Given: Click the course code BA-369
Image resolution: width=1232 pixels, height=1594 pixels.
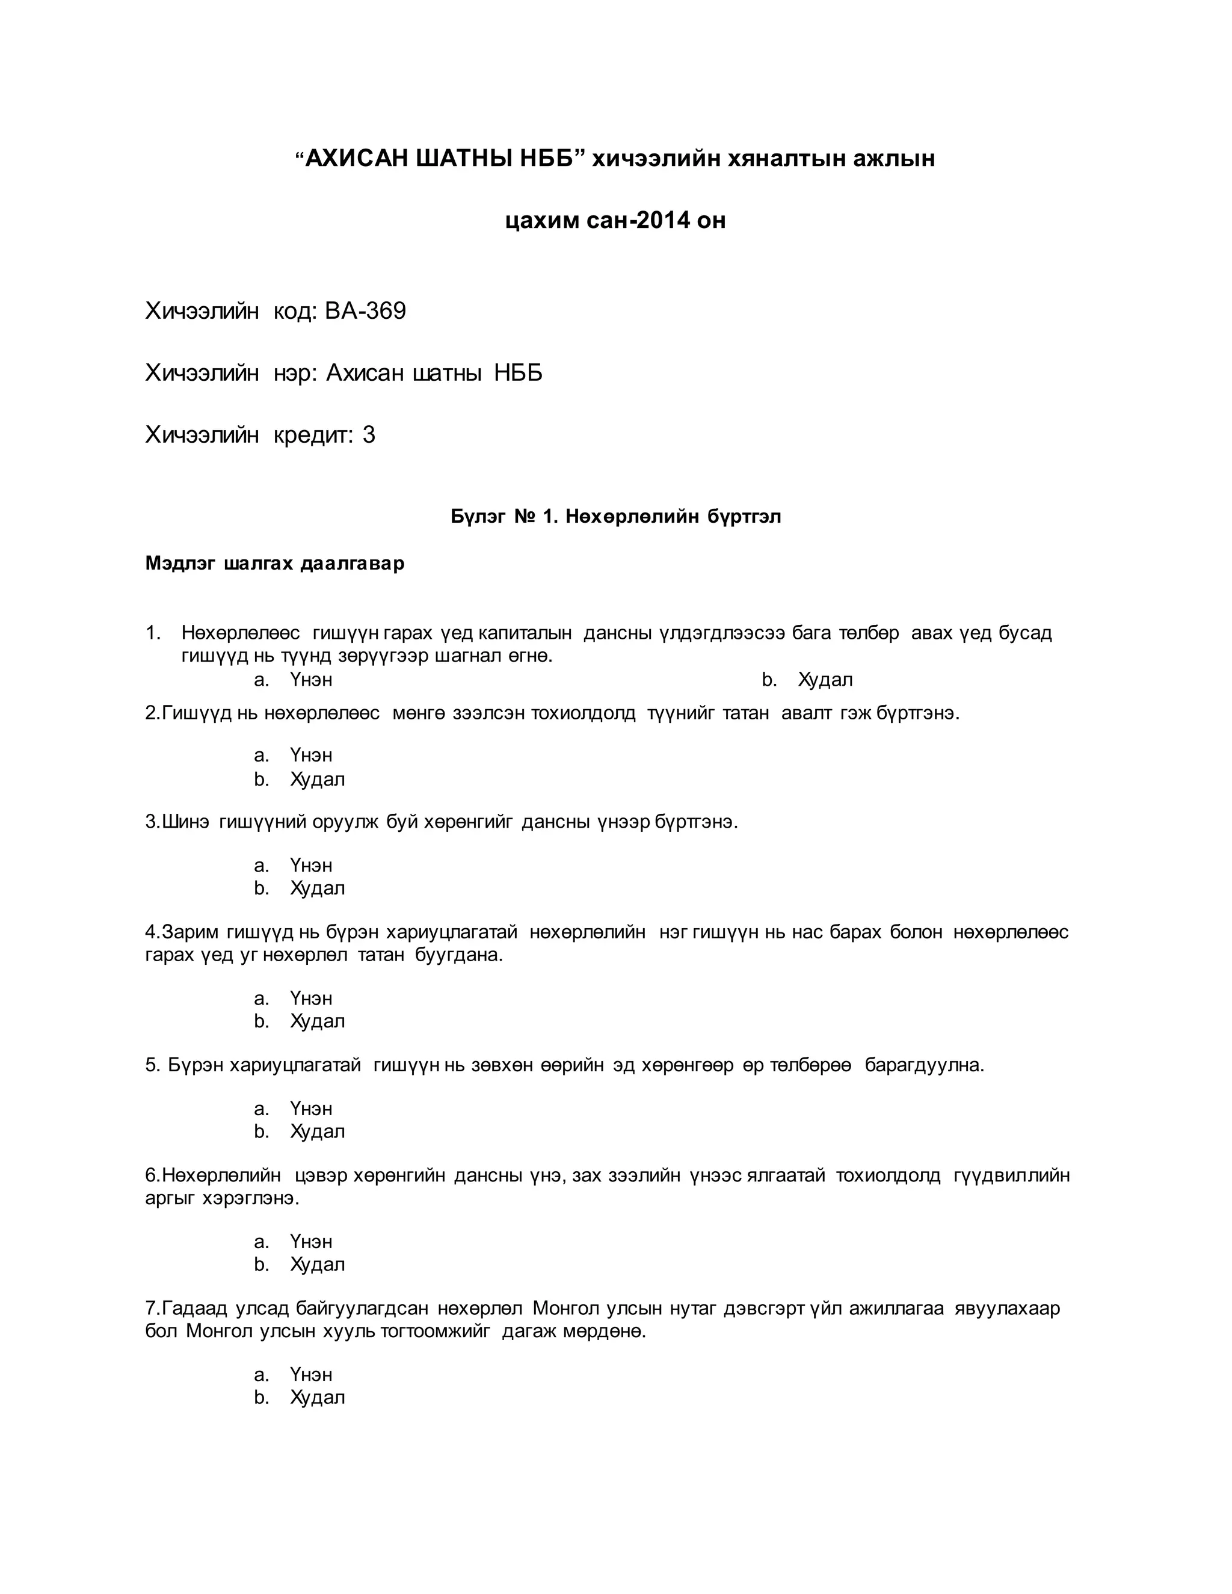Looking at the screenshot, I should tap(365, 312).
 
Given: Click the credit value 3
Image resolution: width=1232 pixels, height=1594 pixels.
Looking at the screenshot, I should tap(369, 435).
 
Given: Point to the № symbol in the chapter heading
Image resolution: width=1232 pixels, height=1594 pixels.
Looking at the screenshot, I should tap(526, 517).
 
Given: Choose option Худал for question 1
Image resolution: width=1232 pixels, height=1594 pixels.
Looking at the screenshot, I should tap(825, 680).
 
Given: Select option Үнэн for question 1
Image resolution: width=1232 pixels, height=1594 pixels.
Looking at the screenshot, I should tap(311, 680).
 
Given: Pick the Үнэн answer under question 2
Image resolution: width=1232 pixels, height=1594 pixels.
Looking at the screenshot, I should tap(311, 755).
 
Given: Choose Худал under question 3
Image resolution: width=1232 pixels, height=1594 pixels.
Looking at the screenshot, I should tap(318, 888).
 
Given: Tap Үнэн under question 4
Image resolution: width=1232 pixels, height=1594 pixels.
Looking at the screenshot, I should tap(311, 998).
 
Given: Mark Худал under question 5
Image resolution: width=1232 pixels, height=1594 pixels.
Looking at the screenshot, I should tap(318, 1131).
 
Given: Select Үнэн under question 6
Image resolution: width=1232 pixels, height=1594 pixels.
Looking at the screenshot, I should tap(311, 1242).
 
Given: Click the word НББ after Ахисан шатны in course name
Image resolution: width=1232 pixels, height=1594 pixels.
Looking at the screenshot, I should tap(518, 374).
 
